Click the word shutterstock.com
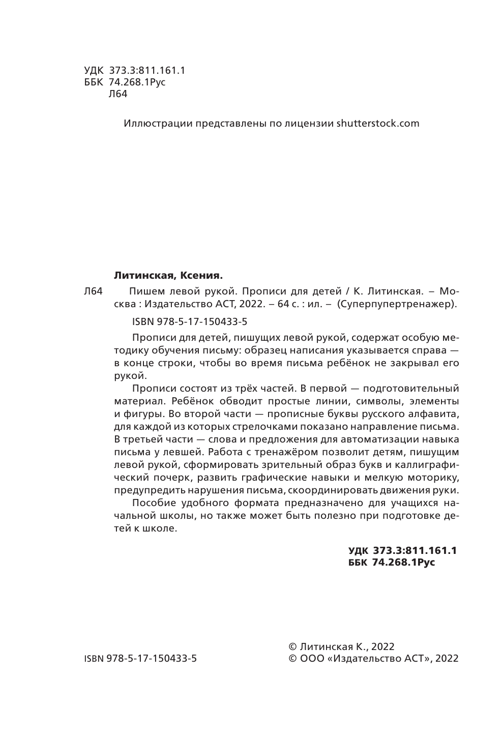click(x=378, y=123)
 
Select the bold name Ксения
click(x=201, y=276)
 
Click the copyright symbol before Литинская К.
click(x=292, y=646)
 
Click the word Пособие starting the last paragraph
click(x=152, y=503)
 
